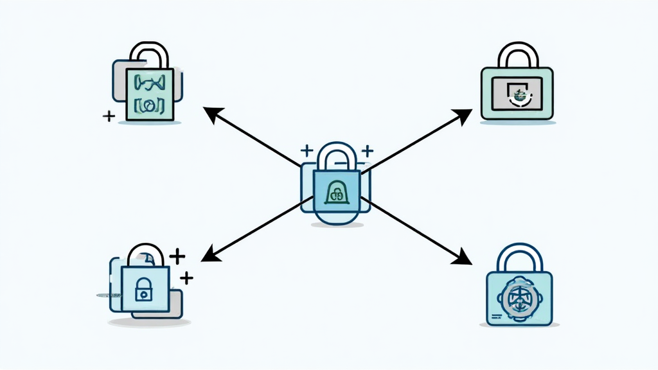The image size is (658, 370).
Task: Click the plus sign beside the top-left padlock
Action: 109,116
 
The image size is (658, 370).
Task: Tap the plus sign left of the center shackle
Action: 307,151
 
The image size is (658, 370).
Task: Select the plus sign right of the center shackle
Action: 367,152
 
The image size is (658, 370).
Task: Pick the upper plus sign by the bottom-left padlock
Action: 177,256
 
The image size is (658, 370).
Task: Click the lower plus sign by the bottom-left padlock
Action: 186,277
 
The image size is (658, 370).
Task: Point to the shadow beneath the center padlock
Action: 337,225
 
